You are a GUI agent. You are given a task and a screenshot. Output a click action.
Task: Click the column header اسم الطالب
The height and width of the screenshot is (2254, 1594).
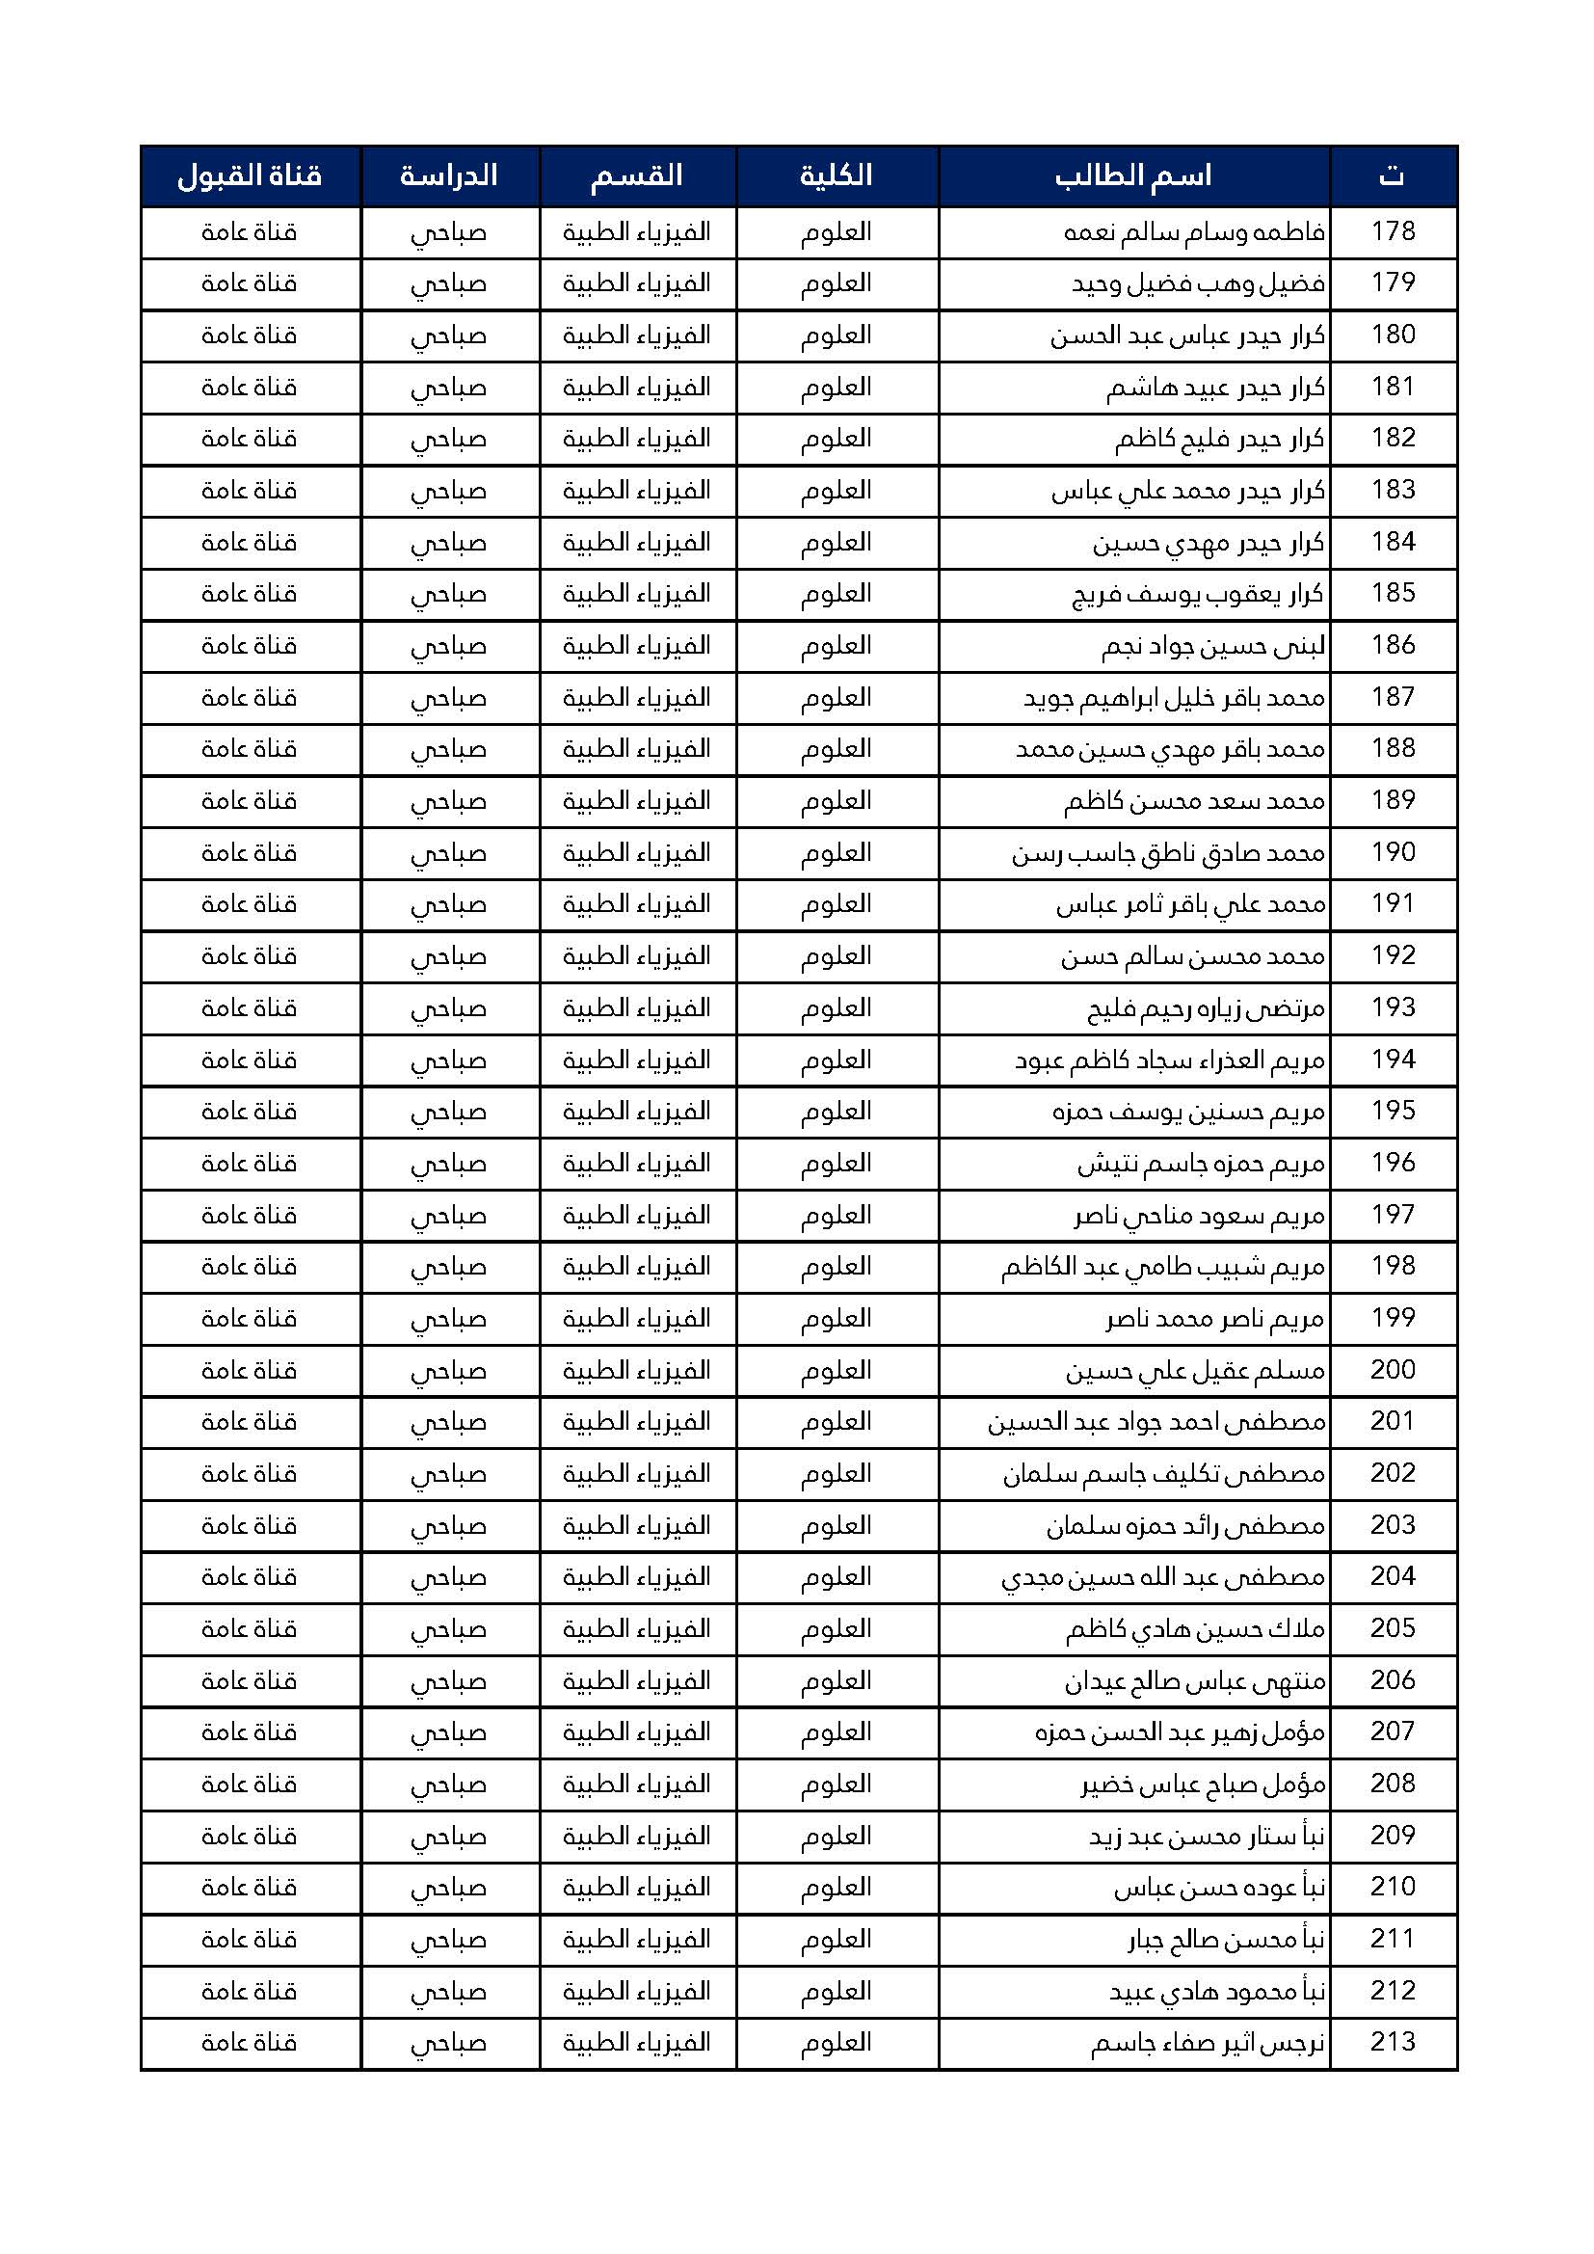(x=1133, y=176)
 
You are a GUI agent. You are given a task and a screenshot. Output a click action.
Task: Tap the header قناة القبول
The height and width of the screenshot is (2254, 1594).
(x=250, y=176)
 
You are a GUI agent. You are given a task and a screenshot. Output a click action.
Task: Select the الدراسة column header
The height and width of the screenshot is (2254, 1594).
(x=448, y=176)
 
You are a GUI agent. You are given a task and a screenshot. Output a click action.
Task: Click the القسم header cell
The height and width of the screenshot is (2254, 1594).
(x=636, y=176)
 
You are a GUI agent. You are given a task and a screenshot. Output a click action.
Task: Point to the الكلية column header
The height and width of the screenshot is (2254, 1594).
(x=837, y=176)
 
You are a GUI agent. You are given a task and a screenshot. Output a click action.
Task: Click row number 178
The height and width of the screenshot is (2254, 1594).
(x=1393, y=231)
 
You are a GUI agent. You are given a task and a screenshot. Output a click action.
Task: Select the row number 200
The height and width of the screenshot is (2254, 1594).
(x=1393, y=1371)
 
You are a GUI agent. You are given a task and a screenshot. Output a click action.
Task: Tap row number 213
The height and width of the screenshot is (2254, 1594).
(x=1393, y=2044)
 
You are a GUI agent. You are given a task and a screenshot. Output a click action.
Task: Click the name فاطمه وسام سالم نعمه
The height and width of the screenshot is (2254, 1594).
(x=1194, y=232)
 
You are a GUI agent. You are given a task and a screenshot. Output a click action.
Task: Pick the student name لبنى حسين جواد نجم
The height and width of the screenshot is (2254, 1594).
(x=1212, y=647)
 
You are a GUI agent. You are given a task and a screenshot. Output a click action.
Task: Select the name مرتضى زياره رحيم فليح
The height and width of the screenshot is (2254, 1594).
(x=1206, y=1009)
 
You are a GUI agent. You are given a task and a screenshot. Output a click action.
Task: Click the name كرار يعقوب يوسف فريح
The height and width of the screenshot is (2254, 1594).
(x=1198, y=595)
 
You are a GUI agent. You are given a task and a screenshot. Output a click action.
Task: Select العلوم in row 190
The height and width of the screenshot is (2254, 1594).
(x=837, y=854)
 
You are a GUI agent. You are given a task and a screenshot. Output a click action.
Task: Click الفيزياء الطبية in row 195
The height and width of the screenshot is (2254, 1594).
(x=636, y=1113)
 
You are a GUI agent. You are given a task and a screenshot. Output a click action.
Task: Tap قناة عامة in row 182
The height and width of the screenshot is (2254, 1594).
(x=250, y=440)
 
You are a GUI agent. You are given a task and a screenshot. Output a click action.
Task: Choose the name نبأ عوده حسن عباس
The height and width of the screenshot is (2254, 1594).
(x=1219, y=1889)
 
